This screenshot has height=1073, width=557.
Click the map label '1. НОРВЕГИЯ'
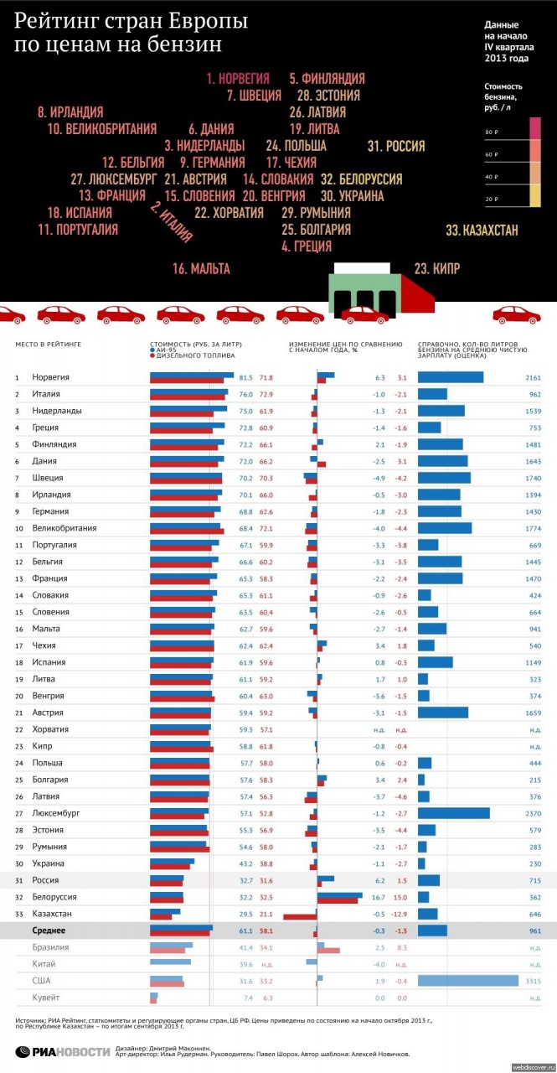tap(238, 79)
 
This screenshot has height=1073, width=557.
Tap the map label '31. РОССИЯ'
tap(396, 146)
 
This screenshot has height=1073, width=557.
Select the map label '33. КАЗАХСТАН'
tap(482, 230)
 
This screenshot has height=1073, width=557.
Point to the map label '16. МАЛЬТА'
tap(201, 268)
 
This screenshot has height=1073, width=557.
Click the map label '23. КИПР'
tap(437, 268)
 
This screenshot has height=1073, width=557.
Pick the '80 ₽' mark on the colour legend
tap(492, 133)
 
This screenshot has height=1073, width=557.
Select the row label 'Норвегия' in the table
tap(50, 378)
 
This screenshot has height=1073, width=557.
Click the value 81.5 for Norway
tap(245, 378)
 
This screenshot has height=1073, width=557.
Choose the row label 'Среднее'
tap(49, 930)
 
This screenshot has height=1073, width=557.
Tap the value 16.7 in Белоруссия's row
tap(379, 897)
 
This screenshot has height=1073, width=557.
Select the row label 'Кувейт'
tap(46, 998)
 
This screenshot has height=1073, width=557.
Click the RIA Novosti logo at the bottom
tap(63, 1051)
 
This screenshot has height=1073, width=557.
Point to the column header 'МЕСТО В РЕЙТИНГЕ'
tap(49, 344)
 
